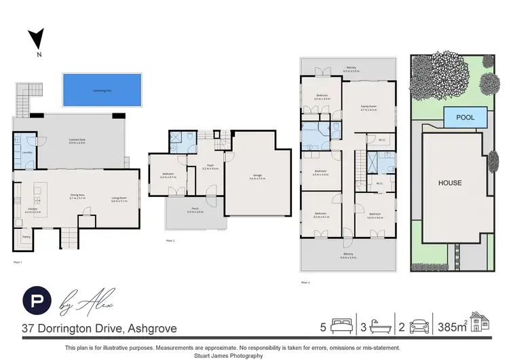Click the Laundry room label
pos(27,153)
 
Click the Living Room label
pos(120,199)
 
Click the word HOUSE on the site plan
pos(449,183)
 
